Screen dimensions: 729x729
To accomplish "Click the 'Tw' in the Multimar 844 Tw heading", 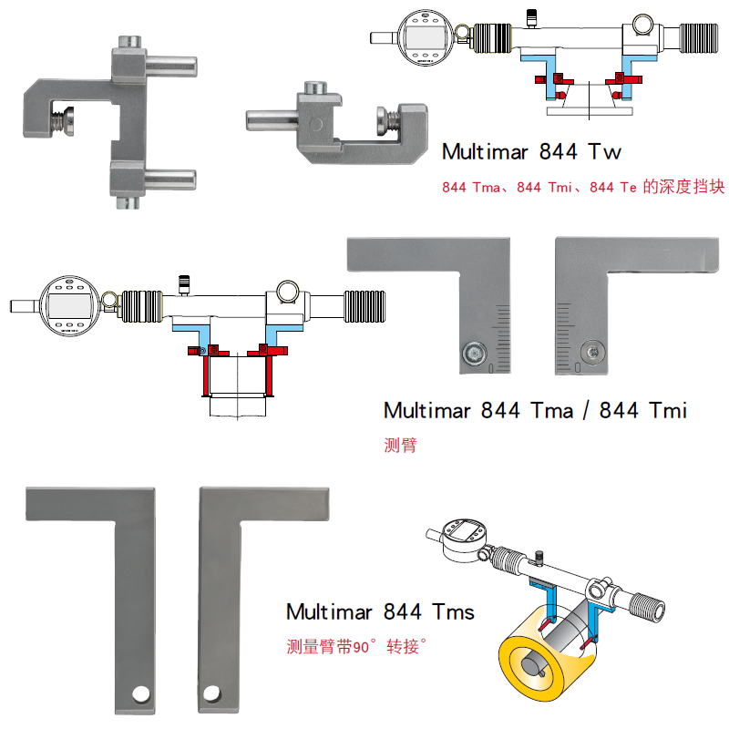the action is point(604,152).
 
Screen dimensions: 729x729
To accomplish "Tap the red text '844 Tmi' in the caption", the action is point(544,188).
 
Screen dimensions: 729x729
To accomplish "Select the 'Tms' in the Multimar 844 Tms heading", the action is point(453,611).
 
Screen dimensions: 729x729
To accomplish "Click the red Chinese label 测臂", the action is point(400,445).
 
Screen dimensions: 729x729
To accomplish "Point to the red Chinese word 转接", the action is point(403,646).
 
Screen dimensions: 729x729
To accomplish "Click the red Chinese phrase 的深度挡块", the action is point(683,187).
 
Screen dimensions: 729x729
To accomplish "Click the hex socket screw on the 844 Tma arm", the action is point(474,353).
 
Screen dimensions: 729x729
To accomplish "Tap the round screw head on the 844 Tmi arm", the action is point(593,352).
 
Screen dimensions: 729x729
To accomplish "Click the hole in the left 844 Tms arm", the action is point(140,694).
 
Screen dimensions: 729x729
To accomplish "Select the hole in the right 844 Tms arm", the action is point(212,693).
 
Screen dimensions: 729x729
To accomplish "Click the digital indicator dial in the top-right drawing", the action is point(426,37).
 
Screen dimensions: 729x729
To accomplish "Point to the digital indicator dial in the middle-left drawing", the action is point(70,305).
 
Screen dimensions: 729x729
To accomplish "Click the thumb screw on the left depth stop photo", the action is point(63,121).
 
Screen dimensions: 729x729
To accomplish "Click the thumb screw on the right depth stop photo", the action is point(387,120).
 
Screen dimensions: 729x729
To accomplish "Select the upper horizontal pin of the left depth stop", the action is point(171,66).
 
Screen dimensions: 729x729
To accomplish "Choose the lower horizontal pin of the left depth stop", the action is point(170,180).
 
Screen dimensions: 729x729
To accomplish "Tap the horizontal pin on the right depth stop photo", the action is point(272,120).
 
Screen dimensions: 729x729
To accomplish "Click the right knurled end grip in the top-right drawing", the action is point(699,38).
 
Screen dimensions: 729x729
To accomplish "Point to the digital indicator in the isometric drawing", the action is point(464,539).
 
